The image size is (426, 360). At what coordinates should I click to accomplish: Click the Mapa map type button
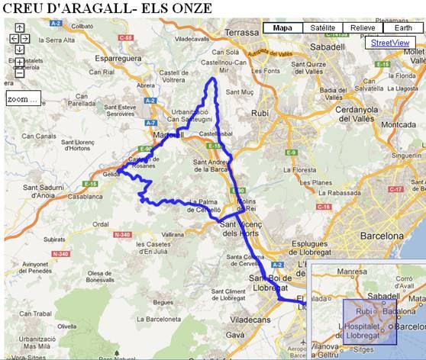click(x=282, y=28)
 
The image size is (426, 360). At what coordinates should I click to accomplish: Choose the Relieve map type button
click(x=363, y=28)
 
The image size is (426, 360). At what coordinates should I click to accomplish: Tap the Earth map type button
click(x=402, y=28)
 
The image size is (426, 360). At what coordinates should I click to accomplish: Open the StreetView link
click(x=390, y=43)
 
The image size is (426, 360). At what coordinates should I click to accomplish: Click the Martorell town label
click(x=166, y=135)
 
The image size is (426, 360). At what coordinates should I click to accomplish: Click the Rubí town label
click(x=260, y=114)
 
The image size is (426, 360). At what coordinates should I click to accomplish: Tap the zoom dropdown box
click(x=22, y=99)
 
